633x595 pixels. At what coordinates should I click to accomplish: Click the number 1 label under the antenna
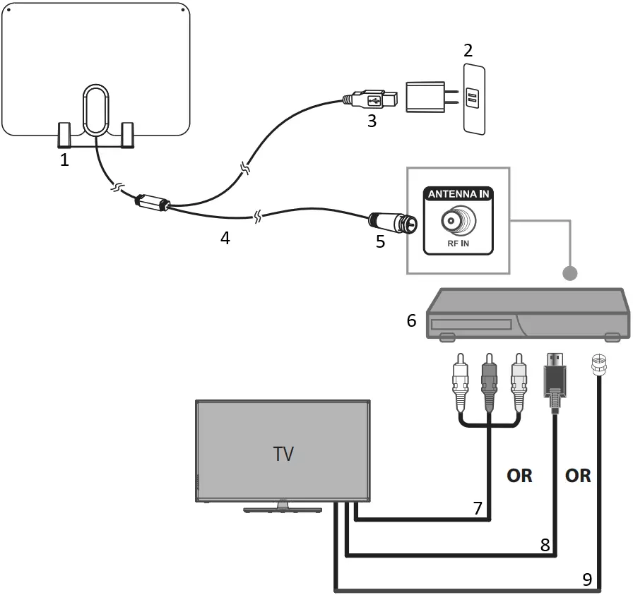click(64, 160)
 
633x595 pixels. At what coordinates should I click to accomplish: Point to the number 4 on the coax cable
click(225, 238)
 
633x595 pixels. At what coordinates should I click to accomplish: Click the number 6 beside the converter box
click(411, 320)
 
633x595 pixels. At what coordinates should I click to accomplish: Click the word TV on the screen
click(283, 453)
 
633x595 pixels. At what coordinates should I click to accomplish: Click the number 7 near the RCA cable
click(478, 508)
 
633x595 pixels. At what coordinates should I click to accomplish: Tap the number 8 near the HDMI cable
click(544, 544)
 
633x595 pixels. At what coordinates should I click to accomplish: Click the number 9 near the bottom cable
click(587, 579)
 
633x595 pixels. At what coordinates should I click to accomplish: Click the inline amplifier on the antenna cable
click(151, 202)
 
